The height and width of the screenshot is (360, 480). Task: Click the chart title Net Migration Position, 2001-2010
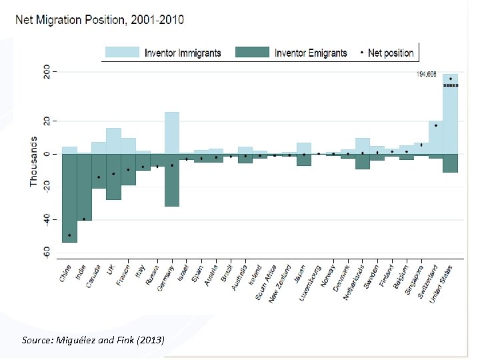point(100,19)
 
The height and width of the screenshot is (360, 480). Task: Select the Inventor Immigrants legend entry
point(182,53)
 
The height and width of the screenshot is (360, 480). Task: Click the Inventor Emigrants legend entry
point(311,53)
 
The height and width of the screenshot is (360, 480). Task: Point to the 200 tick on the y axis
point(46,71)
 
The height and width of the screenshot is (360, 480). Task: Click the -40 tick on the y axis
point(46,220)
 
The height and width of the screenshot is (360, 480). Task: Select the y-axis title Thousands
point(33,162)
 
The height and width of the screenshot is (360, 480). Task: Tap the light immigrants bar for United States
point(450,113)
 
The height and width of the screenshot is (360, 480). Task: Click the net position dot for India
point(84,219)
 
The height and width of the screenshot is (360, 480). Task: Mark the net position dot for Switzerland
point(435,125)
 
